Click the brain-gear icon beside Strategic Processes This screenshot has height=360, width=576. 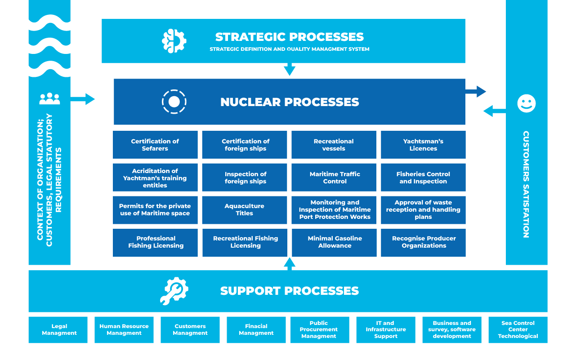click(x=174, y=41)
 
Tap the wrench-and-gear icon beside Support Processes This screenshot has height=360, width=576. click(x=174, y=291)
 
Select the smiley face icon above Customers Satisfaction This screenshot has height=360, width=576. click(x=526, y=103)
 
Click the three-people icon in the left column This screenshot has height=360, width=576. click(x=49, y=98)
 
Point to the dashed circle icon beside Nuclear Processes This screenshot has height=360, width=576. click(x=174, y=102)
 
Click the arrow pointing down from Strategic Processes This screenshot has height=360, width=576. click(x=290, y=69)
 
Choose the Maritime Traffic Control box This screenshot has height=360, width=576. click(x=334, y=178)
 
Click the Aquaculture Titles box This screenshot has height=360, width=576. click(x=245, y=210)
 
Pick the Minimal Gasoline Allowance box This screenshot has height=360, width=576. click(x=334, y=242)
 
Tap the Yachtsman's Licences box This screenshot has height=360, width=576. click(x=423, y=145)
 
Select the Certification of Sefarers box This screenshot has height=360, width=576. click(x=155, y=145)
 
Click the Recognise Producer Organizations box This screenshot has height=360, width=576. click(x=423, y=242)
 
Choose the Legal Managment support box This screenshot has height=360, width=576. click(x=59, y=330)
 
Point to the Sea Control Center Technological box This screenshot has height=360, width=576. click(x=518, y=330)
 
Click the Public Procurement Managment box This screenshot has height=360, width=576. click(x=319, y=330)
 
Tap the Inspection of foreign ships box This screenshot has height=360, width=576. click(x=245, y=178)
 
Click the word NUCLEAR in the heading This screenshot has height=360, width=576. click(x=251, y=102)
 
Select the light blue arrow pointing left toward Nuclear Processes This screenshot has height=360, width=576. click(x=494, y=111)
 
